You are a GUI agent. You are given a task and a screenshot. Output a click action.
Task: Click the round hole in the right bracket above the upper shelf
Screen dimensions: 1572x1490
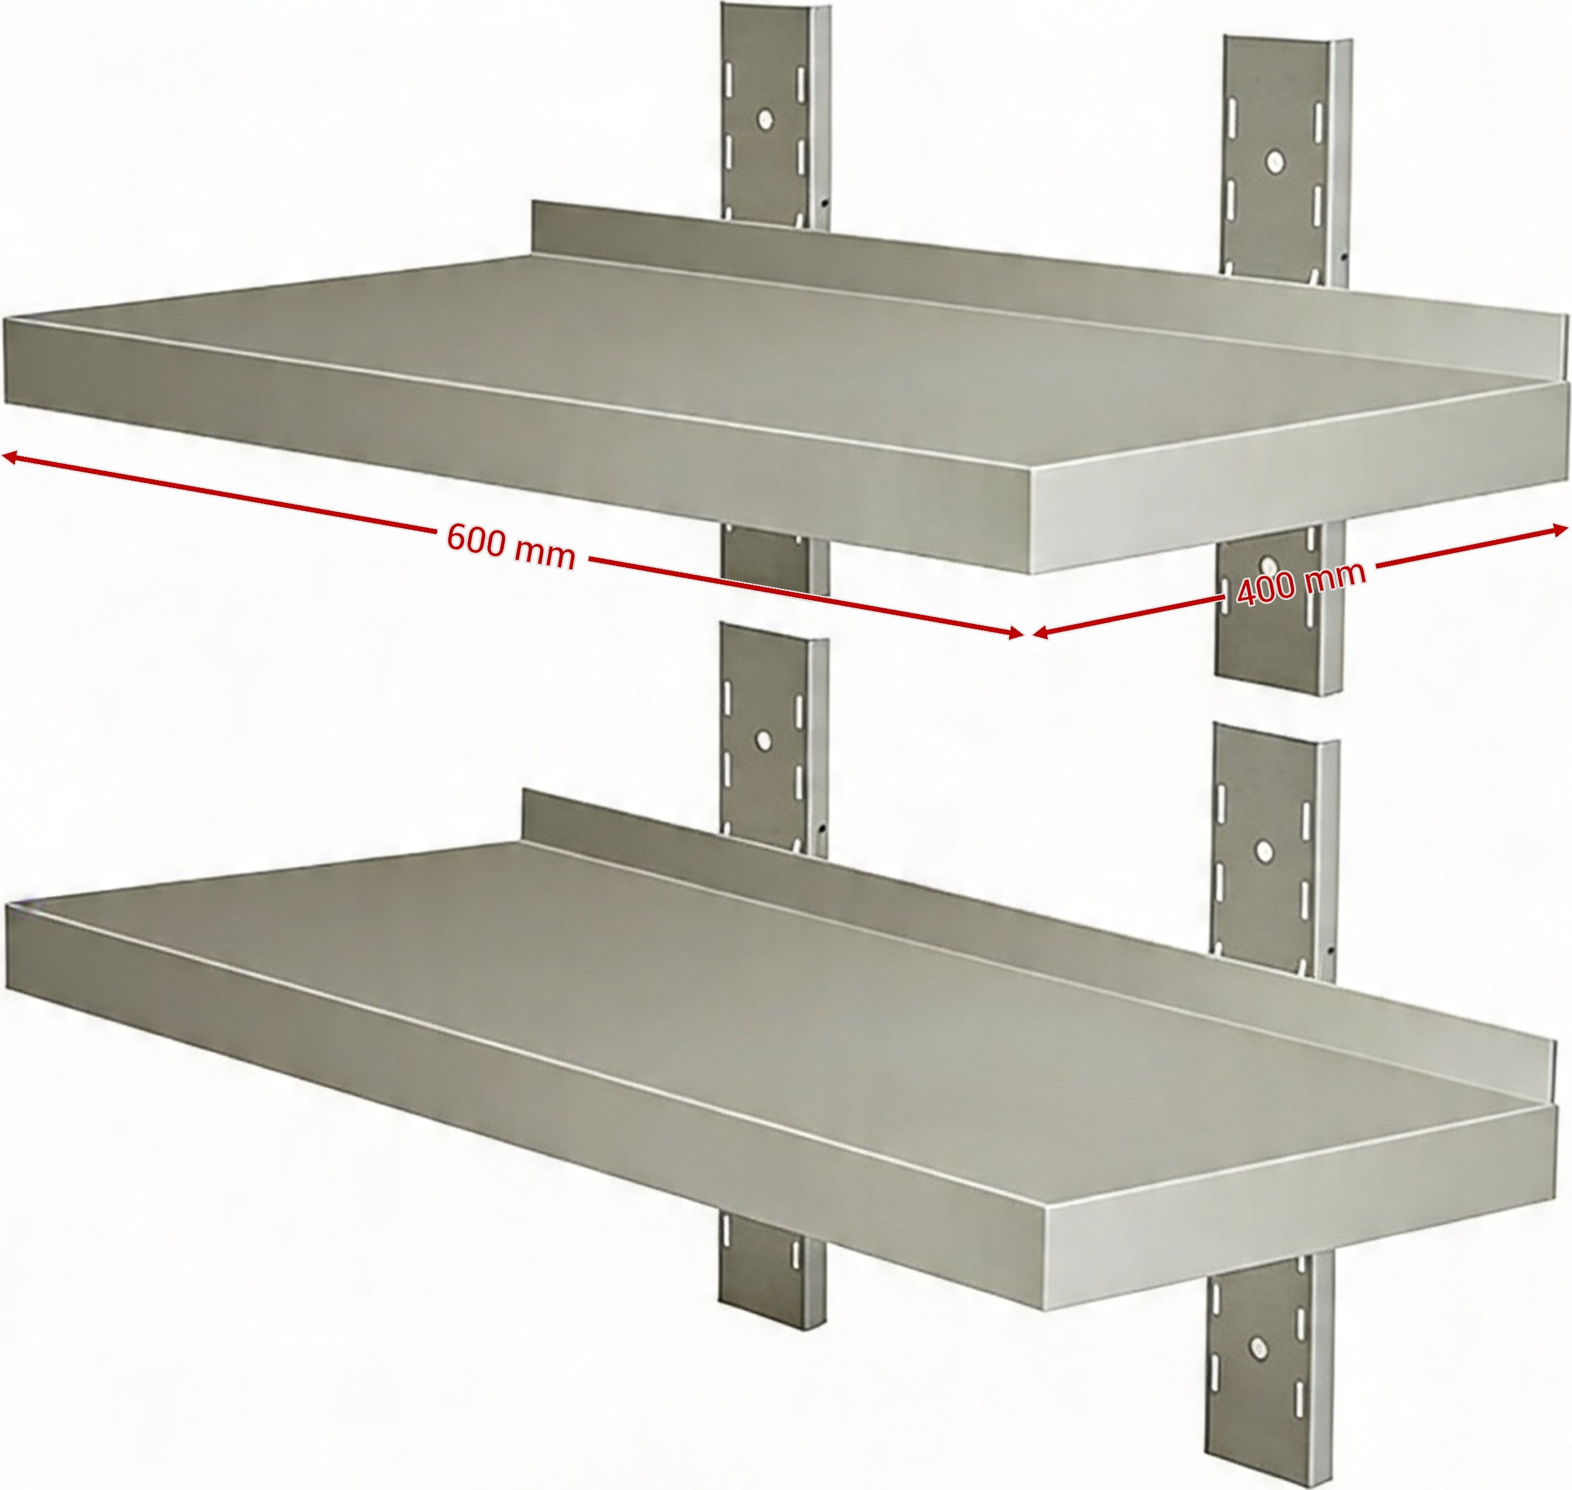coord(1273,161)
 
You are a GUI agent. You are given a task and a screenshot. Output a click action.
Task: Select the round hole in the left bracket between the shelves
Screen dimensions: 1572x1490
coord(764,741)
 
